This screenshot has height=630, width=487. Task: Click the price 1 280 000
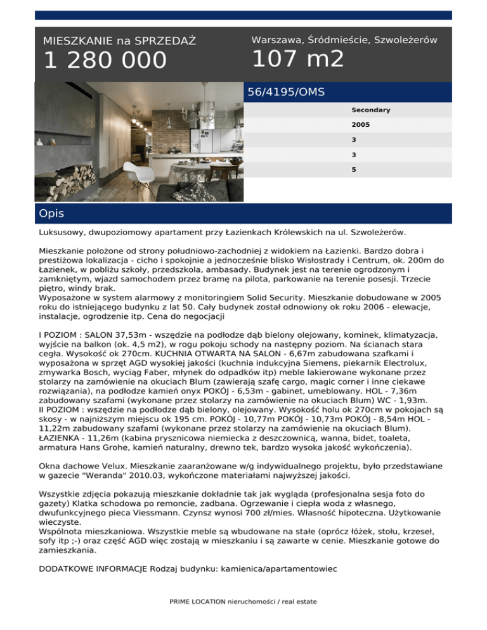105,61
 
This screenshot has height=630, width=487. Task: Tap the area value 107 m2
297,59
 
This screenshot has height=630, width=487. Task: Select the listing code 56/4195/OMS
286,92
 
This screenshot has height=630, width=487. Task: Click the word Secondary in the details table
371,110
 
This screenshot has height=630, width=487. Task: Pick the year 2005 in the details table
361,125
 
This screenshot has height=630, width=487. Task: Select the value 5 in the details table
354,170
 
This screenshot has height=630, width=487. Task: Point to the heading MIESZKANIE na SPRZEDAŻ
119,41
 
